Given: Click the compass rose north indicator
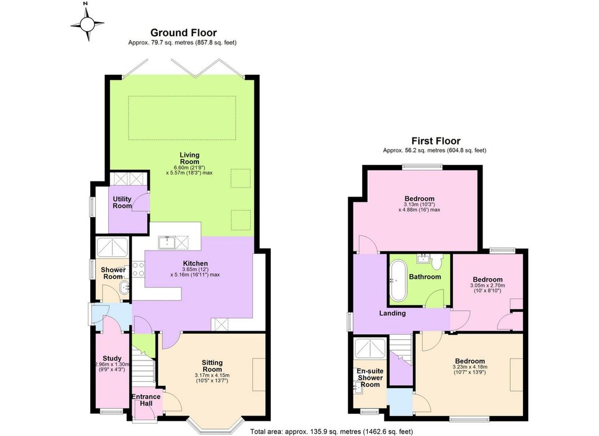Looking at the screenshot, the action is tap(86, 5).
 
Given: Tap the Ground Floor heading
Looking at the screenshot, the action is tap(183, 32).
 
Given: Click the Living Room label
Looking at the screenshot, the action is tap(190, 158).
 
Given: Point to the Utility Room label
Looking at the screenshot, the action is tap(122, 202).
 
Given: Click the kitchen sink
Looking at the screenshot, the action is tap(167, 242).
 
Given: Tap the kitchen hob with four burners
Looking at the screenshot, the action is tap(138, 269).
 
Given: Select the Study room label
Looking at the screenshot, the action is tap(112, 358).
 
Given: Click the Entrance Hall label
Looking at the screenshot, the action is tap(146, 400).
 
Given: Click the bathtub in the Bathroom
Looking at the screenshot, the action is tap(398, 280).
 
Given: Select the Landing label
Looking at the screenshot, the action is tap(393, 313).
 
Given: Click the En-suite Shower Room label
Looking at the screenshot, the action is tap(370, 377).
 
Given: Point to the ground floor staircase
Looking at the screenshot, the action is tap(144, 365).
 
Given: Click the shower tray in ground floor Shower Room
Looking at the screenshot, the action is tap(113, 248).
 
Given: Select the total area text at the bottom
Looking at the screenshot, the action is tap(332, 431).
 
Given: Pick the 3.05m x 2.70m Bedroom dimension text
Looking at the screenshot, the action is tap(487, 286).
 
